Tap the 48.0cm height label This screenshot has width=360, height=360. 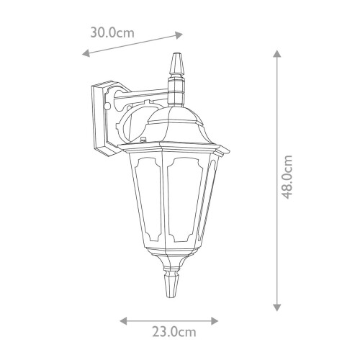click(x=287, y=176)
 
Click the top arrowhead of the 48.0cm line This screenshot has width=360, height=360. click(x=277, y=53)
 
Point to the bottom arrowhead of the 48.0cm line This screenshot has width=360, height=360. click(x=277, y=307)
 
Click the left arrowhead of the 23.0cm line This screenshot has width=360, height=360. click(x=123, y=320)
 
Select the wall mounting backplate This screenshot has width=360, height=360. click(x=102, y=119)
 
